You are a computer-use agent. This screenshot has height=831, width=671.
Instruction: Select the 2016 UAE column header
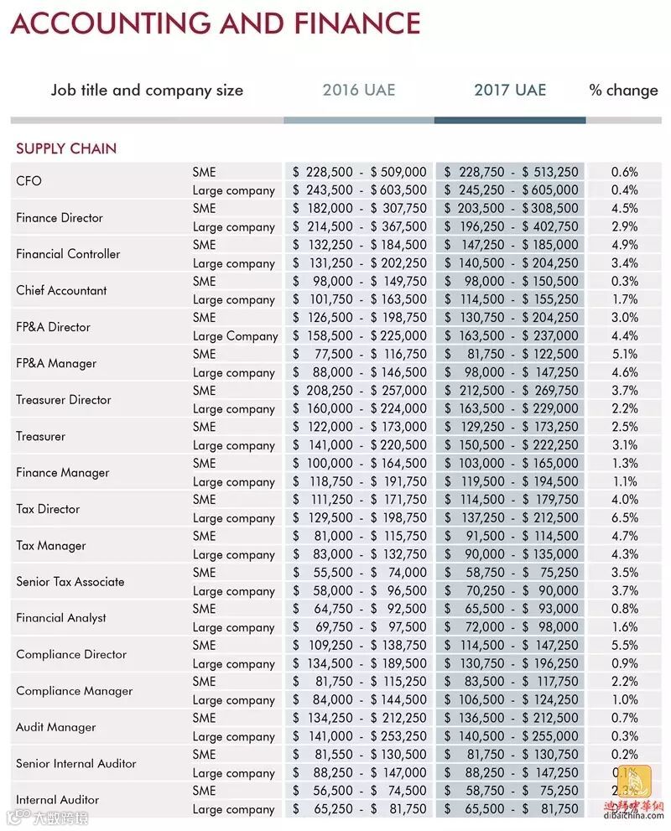pos(358,90)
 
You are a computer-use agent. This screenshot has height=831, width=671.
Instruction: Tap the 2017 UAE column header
pos(510,90)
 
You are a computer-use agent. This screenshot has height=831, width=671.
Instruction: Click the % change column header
pos(623,90)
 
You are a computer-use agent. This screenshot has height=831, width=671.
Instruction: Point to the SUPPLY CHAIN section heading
pos(66,148)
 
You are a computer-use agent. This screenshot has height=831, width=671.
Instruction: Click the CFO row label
pos(29,181)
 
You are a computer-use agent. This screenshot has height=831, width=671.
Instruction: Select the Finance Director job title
pos(60,217)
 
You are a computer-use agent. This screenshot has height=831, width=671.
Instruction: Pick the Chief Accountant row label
pos(61,290)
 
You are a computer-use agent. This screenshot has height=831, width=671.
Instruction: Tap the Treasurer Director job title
pos(64,399)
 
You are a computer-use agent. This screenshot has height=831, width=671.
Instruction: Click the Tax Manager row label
pos(51,545)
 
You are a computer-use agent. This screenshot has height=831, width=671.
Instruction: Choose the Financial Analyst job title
pos(61,618)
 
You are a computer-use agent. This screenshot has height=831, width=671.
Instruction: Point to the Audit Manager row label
pos(56,727)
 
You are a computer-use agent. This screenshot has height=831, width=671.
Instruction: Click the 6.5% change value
pos(624,518)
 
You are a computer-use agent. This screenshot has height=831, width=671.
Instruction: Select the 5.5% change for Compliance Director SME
pos(624,646)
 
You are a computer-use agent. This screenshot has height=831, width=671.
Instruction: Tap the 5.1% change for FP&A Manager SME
pos(624,354)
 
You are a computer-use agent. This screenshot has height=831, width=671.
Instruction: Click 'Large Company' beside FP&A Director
pos(235,336)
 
